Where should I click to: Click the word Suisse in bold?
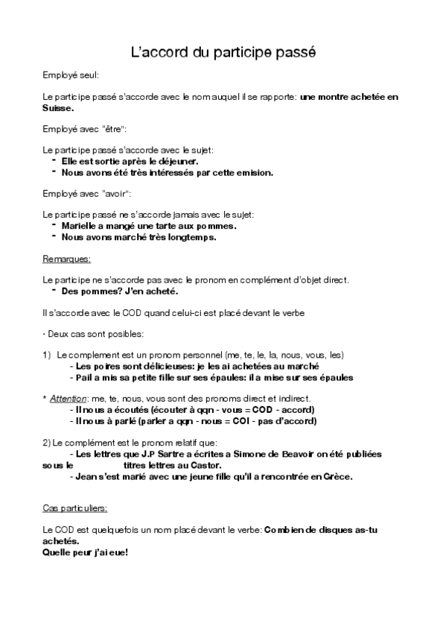point(57,107)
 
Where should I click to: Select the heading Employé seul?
point(71,75)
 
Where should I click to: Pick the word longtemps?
point(191,237)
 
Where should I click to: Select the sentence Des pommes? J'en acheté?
point(119,291)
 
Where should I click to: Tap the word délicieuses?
point(161,366)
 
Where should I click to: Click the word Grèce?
point(336,476)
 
